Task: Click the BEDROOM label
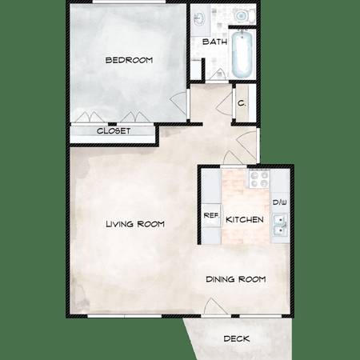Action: pos(129,60)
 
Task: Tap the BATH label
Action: pos(214,42)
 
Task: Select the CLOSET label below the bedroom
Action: pos(114,131)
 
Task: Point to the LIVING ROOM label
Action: pos(135,224)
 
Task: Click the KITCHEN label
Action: pos(245,219)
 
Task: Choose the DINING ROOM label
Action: pos(236,279)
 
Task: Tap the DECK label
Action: pos(237,338)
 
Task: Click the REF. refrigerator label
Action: pos(211,215)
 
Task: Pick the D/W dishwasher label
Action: pos(280,202)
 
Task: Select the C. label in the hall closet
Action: pos(242,103)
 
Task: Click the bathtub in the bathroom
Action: pos(242,54)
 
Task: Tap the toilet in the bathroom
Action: pos(243,15)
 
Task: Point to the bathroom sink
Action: pos(199,18)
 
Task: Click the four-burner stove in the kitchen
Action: pos(259,179)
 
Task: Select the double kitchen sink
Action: pos(279,225)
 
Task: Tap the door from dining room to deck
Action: pos(214,306)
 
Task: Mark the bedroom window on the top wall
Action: pos(129,2)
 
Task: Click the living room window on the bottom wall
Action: pos(124,316)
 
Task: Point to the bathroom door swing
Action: pos(217,74)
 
